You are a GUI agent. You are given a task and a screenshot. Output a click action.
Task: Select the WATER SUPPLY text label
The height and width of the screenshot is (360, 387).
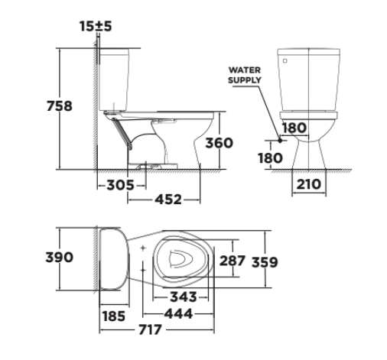245,74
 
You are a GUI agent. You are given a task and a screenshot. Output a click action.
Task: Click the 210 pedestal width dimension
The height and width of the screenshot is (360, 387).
310,185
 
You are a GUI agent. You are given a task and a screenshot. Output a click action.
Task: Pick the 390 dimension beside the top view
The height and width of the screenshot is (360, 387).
58,257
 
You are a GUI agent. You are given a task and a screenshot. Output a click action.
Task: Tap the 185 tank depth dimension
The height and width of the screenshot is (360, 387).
114,314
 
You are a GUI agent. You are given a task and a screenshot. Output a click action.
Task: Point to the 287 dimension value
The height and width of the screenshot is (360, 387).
232,261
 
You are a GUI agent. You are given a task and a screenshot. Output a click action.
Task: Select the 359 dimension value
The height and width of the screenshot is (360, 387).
264,261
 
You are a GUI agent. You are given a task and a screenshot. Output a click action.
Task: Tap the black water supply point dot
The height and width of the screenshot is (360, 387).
281,141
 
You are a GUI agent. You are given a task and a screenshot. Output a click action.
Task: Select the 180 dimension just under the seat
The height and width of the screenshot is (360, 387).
294,128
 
